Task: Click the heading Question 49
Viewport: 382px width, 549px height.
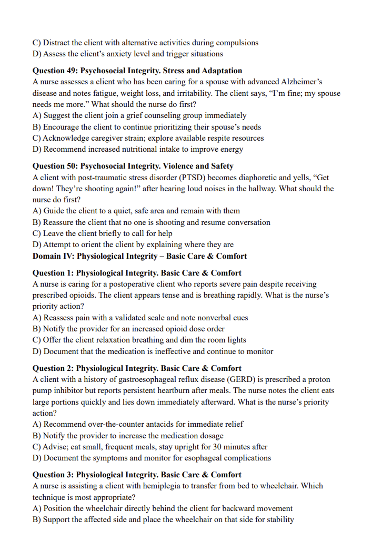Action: click(137, 71)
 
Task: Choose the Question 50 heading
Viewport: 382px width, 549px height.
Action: click(133, 166)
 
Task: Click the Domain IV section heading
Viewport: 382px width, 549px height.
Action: click(139, 256)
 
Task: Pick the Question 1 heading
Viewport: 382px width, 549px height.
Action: click(137, 273)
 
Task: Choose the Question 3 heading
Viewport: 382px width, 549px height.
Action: click(137, 475)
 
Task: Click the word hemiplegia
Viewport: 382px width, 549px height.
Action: click(175, 486)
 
